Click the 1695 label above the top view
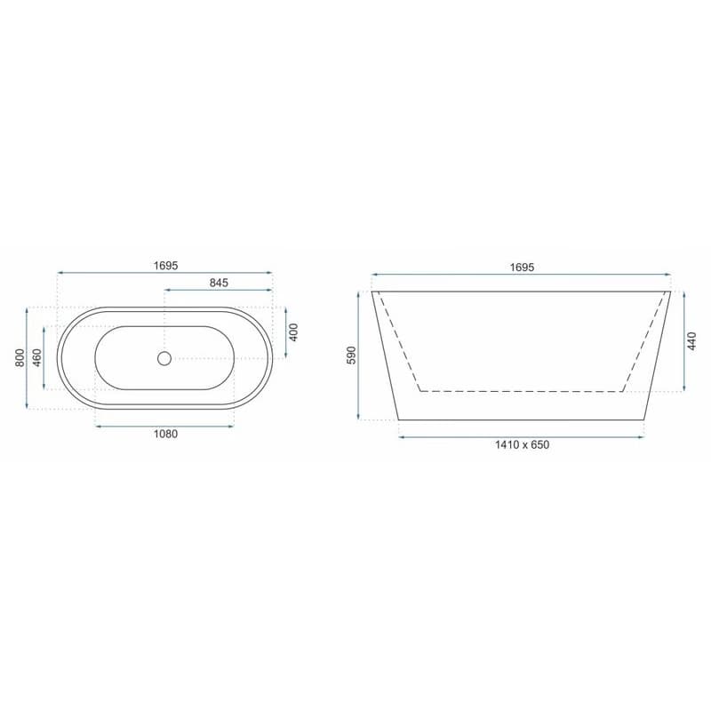tap(165, 266)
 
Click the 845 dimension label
tap(219, 283)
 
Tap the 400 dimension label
tap(294, 332)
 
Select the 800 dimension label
tap(20, 358)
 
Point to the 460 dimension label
tap(37, 358)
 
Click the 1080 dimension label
tap(165, 434)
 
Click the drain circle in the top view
tap(164, 358)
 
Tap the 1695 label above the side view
tap(522, 268)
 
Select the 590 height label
tap(352, 355)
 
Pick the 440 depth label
tap(691, 341)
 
